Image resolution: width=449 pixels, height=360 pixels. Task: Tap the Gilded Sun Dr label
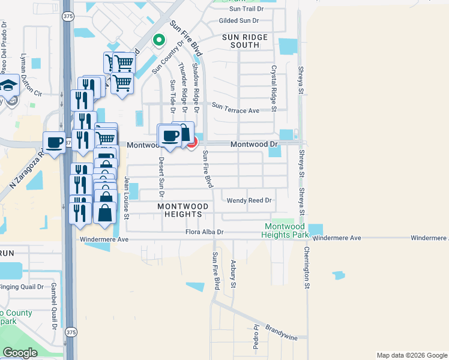click(x=238, y=20)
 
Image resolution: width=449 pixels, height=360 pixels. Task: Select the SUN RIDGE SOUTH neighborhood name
click(x=249, y=41)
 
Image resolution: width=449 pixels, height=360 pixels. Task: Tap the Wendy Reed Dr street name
click(x=249, y=200)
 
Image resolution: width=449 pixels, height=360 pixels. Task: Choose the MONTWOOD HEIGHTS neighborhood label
click(x=182, y=210)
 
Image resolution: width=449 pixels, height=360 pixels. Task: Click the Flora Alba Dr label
click(x=204, y=232)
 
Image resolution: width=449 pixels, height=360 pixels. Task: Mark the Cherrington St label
click(x=306, y=268)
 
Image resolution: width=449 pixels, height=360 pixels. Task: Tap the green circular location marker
click(x=158, y=40)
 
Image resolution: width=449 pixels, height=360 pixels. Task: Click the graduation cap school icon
click(x=8, y=86)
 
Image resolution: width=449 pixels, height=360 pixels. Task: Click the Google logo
click(x=20, y=353)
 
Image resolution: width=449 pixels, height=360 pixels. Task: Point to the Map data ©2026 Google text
click(x=411, y=355)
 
